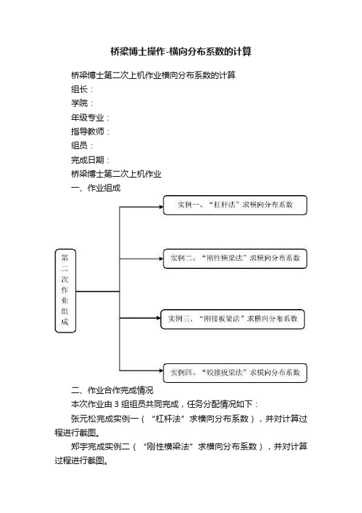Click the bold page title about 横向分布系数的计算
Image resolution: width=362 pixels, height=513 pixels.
tap(181, 52)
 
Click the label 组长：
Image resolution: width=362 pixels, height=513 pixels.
tap(82, 89)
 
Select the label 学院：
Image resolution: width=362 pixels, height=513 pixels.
tap(82, 103)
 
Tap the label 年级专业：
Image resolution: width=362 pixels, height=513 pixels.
tap(90, 118)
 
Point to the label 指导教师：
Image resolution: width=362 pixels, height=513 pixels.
tap(90, 132)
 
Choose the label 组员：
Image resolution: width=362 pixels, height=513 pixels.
tap(82, 145)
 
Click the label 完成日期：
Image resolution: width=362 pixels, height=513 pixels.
tap(90, 160)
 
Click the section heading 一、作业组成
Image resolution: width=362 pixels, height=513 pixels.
tap(96, 188)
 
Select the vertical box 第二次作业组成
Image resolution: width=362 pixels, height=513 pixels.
tap(66, 291)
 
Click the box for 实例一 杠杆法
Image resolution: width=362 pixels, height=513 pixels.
tap(235, 205)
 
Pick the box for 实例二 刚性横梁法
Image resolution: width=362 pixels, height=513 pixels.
tap(235, 259)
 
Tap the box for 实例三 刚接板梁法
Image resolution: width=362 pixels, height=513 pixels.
tap(233, 319)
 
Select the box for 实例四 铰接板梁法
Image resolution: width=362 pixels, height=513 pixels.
tap(235, 373)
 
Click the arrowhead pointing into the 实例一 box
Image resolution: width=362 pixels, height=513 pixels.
tap(161, 207)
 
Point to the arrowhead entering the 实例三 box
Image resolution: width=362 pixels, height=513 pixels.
tap(158, 318)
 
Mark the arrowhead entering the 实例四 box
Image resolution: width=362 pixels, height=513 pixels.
tap(161, 370)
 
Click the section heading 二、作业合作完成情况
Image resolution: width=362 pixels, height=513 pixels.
tap(112, 390)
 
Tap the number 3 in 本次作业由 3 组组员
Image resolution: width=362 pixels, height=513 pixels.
tap(116, 404)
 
